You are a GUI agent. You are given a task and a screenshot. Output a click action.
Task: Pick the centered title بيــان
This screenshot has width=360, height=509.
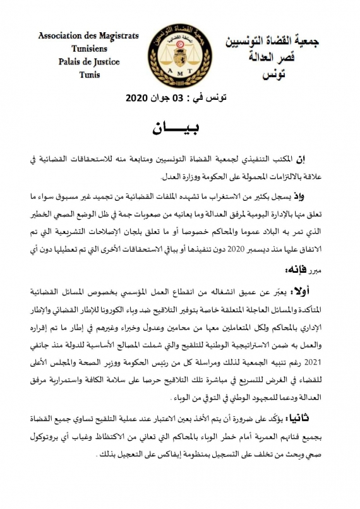(x=181, y=128)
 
